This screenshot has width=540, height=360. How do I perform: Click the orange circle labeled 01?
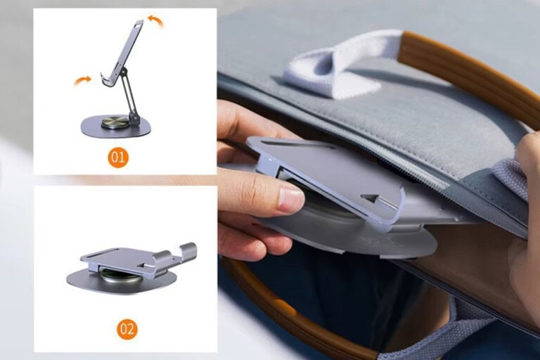(118, 157)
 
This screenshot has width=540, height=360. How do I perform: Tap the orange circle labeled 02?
(127, 328)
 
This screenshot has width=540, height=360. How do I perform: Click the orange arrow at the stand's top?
(155, 21)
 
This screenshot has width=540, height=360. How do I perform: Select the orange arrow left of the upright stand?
(82, 81)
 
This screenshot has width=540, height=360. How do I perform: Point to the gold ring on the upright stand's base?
(115, 123)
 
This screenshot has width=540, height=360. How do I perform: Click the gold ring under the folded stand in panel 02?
(116, 274)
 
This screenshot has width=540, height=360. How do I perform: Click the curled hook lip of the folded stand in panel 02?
(188, 250)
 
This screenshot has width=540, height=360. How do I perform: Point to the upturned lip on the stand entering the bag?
(394, 211)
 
